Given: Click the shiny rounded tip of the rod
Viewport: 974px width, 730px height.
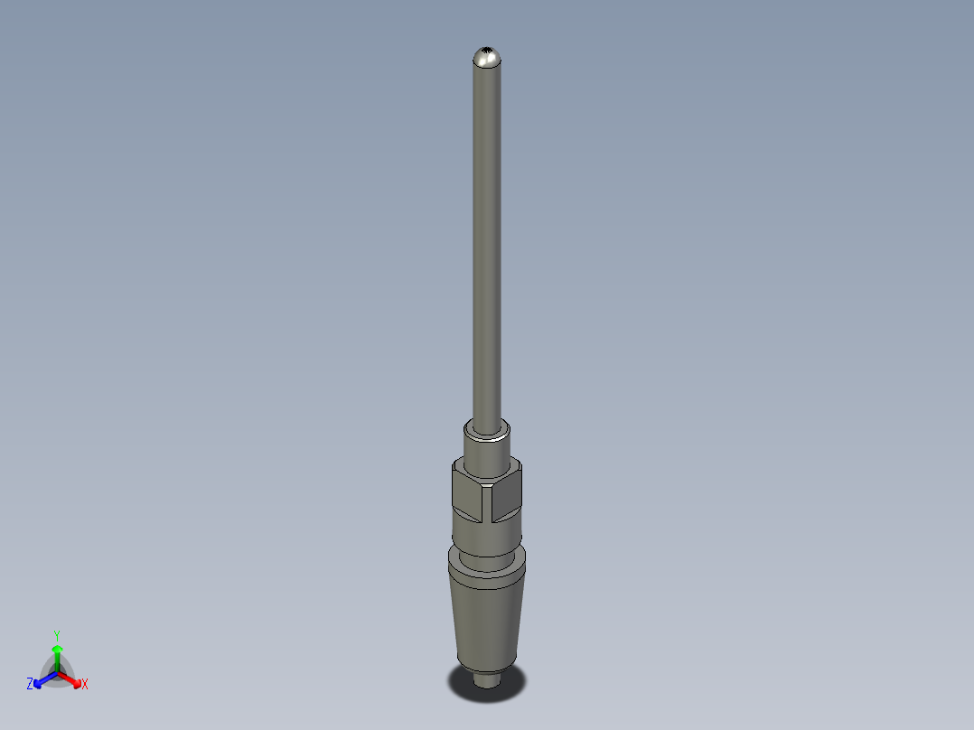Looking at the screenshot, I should pyautogui.click(x=487, y=61).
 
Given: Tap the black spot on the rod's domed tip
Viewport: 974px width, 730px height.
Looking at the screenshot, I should pyautogui.click(x=489, y=49).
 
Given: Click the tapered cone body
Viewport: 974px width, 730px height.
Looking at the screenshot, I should pyautogui.click(x=486, y=623).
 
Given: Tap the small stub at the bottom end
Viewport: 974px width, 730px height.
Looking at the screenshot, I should pyautogui.click(x=487, y=678).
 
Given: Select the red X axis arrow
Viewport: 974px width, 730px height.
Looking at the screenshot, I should pyautogui.click(x=72, y=679).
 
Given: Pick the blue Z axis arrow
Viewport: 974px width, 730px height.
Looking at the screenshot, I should pyautogui.click(x=42, y=680).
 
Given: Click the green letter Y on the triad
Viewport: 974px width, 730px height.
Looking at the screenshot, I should pyautogui.click(x=57, y=636).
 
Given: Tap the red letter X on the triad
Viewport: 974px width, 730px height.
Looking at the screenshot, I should pyautogui.click(x=85, y=685).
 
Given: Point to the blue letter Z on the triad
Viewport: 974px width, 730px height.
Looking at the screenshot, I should pyautogui.click(x=30, y=685).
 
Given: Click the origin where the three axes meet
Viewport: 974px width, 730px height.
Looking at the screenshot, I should pyautogui.click(x=57, y=673).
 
